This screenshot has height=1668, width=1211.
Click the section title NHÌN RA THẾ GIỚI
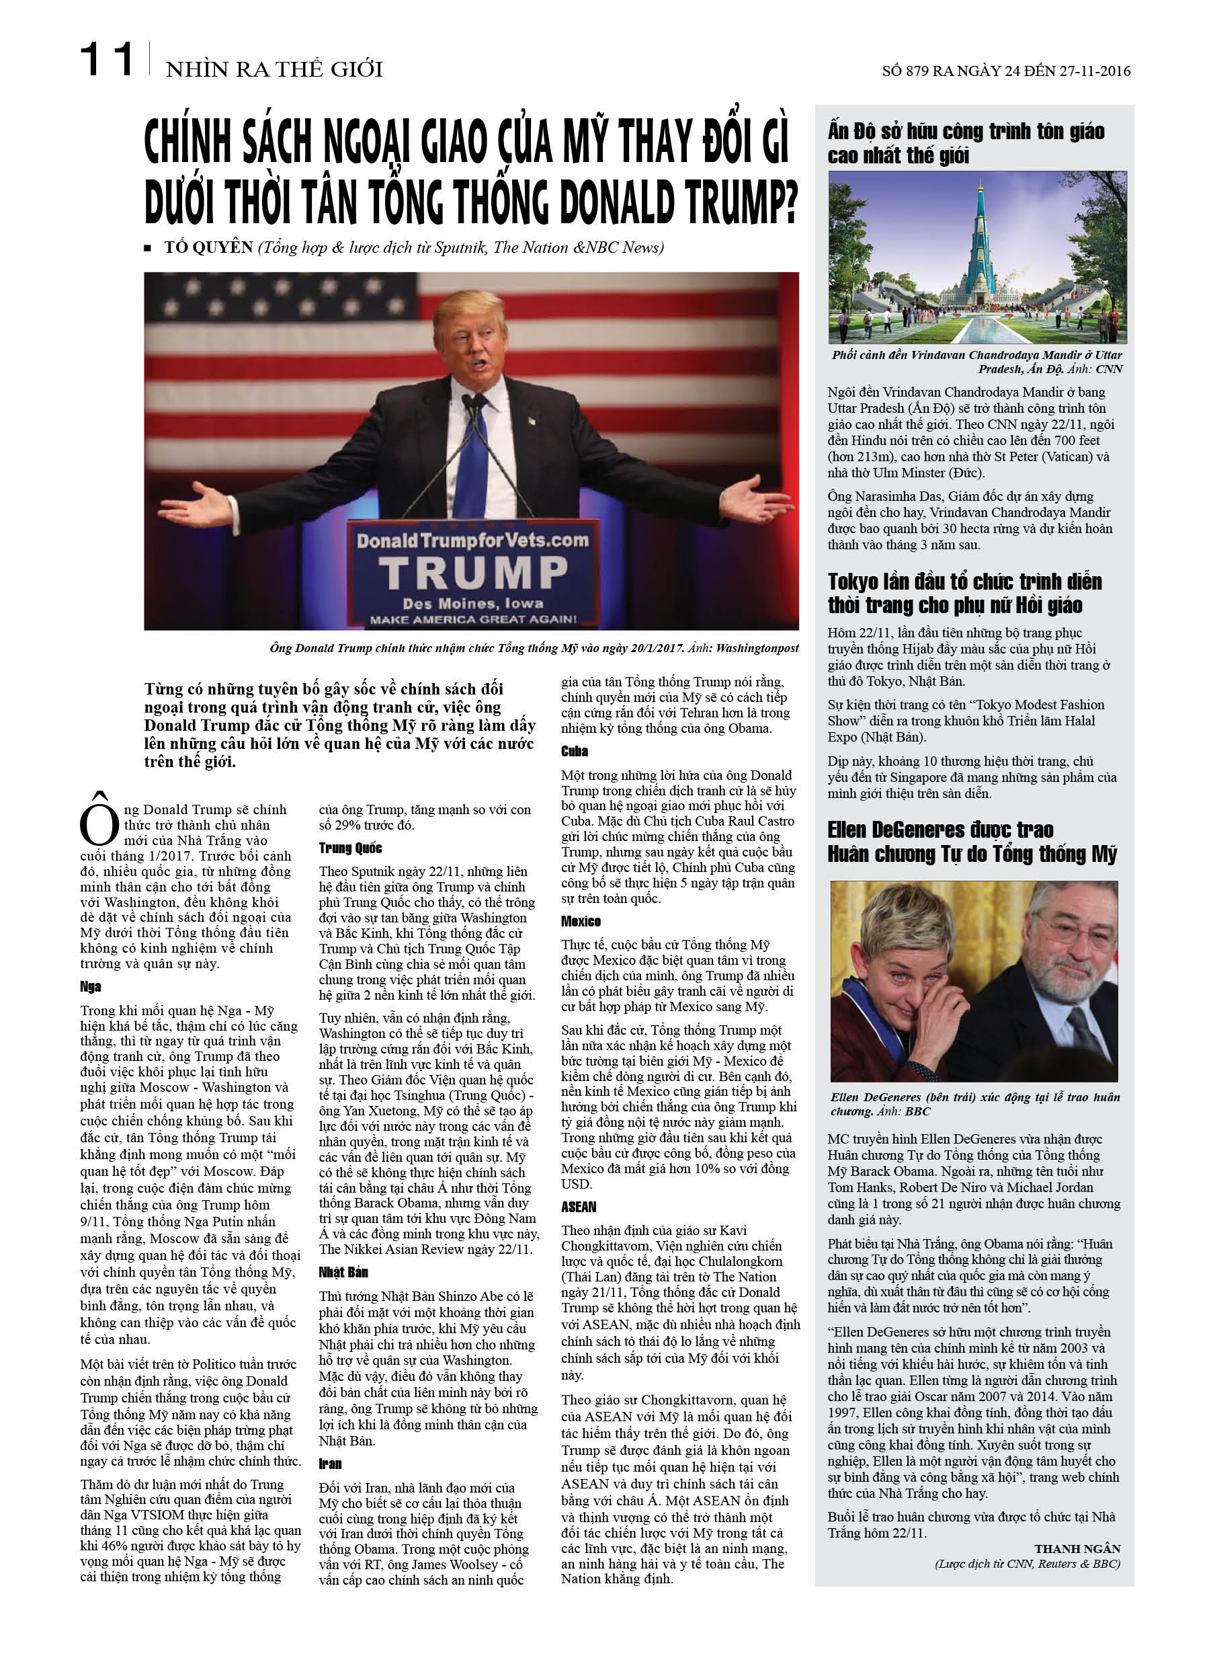click(x=274, y=69)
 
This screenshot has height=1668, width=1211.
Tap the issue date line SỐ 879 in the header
click(x=1006, y=71)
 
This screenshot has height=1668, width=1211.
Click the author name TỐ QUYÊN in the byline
click(x=209, y=247)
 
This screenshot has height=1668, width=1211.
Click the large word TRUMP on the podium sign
click(x=473, y=573)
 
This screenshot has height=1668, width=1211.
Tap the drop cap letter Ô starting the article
click(x=99, y=822)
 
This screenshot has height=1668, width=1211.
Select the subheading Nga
click(x=91, y=986)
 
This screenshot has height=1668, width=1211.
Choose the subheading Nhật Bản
click(x=343, y=1271)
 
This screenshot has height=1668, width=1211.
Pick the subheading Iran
click(x=330, y=1464)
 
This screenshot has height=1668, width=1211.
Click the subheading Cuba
click(x=575, y=751)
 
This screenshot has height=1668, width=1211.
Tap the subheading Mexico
click(x=581, y=921)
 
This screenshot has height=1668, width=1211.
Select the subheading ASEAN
click(x=579, y=1207)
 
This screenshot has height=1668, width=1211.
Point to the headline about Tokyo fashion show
click(x=964, y=593)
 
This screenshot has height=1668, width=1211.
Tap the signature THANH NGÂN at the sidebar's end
click(x=1077, y=1548)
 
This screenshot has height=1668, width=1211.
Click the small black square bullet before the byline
click(x=148, y=249)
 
